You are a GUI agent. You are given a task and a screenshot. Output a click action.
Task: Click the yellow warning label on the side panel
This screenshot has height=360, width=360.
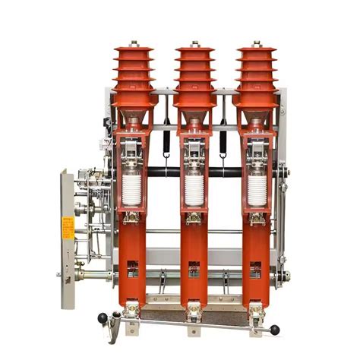[68, 226]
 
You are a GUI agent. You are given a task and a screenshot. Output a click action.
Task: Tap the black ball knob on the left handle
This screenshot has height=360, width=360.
[103, 317]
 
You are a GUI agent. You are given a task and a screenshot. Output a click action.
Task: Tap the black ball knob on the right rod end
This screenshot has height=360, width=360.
[275, 330]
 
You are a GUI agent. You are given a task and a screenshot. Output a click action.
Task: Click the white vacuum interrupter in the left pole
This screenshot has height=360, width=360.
[132, 190]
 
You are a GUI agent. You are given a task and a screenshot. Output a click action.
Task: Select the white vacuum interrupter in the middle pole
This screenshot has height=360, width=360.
[194, 190]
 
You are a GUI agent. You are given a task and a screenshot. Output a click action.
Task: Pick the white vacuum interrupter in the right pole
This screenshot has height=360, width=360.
[257, 190]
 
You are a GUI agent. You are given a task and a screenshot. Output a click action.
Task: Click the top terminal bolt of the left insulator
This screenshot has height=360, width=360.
[134, 44]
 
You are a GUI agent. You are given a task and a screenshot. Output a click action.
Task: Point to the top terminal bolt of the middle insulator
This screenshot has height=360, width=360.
[195, 44]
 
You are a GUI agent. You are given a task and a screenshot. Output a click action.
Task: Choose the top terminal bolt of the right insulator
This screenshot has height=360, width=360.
[256, 44]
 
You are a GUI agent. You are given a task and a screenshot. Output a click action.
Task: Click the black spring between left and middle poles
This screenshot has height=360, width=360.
[165, 142]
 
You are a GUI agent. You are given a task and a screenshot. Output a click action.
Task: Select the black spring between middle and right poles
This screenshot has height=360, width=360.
[223, 142]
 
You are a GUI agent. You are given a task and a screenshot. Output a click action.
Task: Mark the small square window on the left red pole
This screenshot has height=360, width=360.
[133, 267]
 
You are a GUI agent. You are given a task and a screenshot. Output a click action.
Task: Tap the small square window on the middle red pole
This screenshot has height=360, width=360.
[194, 267]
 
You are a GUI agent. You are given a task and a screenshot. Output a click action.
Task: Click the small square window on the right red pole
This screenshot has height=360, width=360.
[256, 267]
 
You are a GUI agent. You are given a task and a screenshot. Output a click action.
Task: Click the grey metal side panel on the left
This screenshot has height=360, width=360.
[67, 258]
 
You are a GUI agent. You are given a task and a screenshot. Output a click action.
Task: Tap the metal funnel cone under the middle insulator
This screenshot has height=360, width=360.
[195, 122]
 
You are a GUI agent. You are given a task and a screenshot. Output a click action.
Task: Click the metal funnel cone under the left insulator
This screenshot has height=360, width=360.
[134, 122]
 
